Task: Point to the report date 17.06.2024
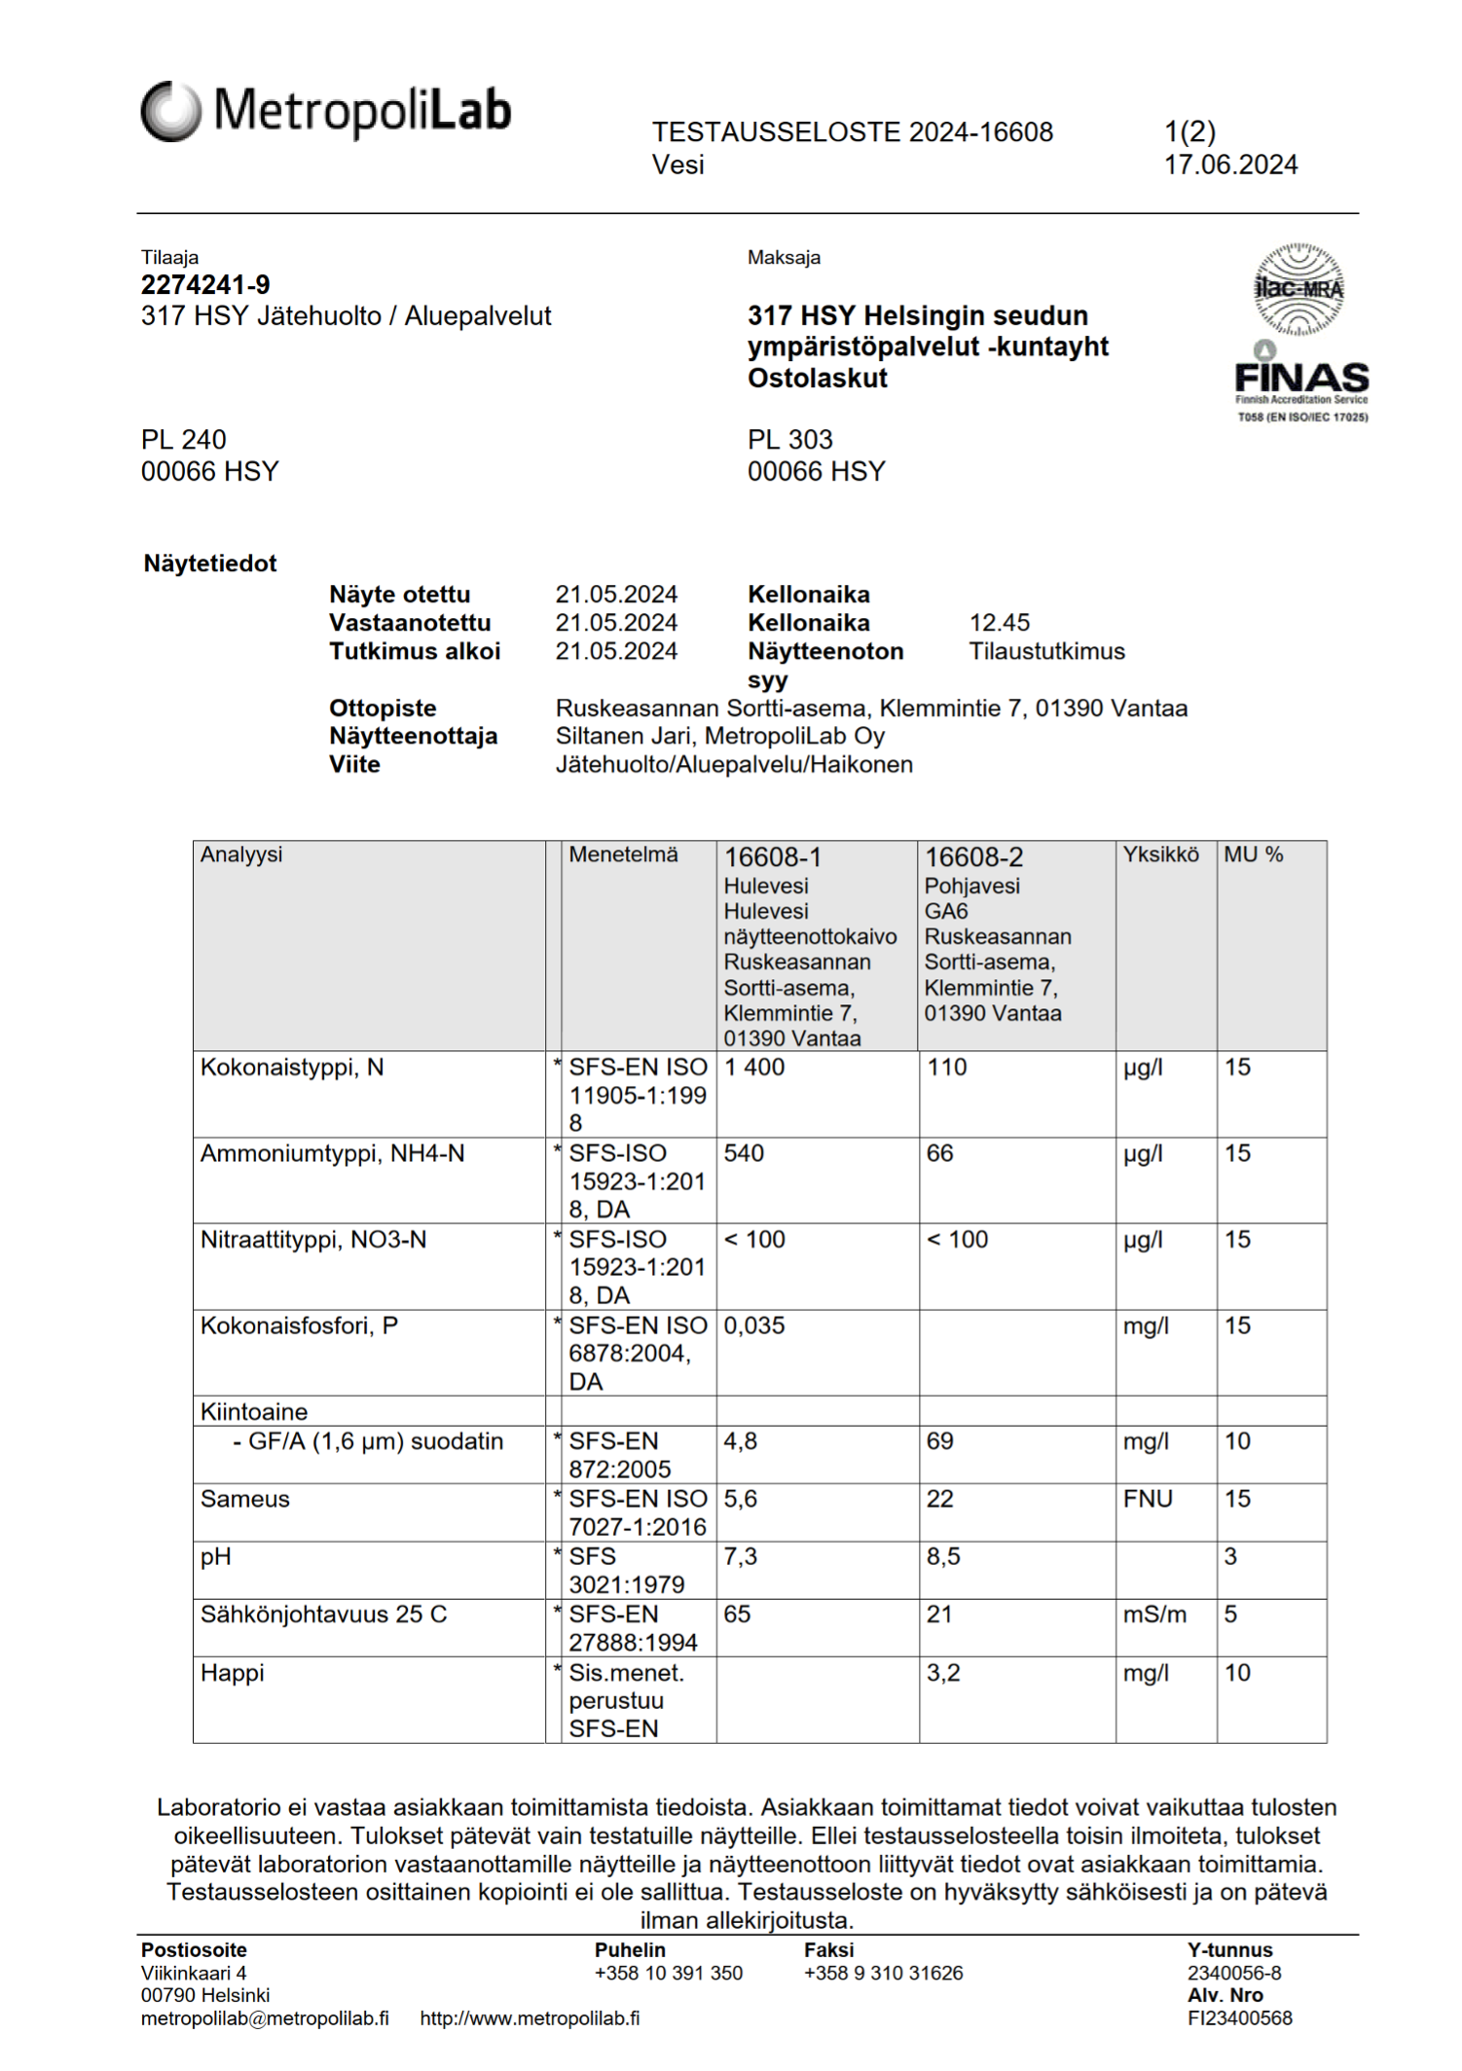coord(1230,165)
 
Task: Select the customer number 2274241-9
coord(205,285)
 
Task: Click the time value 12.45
coord(999,623)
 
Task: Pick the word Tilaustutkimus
coord(1046,651)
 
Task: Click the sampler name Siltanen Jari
coord(624,736)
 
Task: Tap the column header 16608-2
coord(973,857)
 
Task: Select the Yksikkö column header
coord(1160,854)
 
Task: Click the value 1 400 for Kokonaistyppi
coord(753,1068)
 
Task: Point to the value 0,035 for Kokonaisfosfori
coord(753,1326)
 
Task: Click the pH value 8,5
coord(943,1557)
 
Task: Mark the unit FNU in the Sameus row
coord(1148,1500)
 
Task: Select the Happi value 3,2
coord(943,1673)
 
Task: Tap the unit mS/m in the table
coord(1154,1616)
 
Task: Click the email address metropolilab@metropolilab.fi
coord(265,2018)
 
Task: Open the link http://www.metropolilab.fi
coord(530,2018)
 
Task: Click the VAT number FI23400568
coord(1239,2018)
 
